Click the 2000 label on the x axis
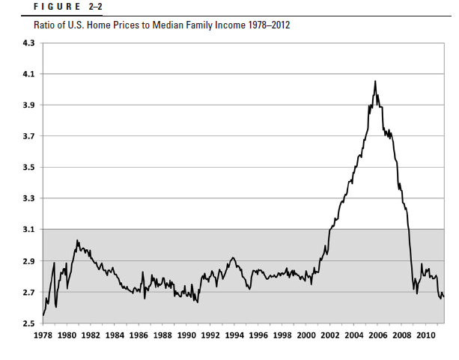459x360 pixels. (306, 335)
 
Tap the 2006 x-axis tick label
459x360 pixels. (378, 335)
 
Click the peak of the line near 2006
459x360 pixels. (375, 81)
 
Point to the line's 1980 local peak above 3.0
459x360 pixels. (77, 240)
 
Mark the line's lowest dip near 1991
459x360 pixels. (198, 302)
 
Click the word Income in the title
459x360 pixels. (222, 25)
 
